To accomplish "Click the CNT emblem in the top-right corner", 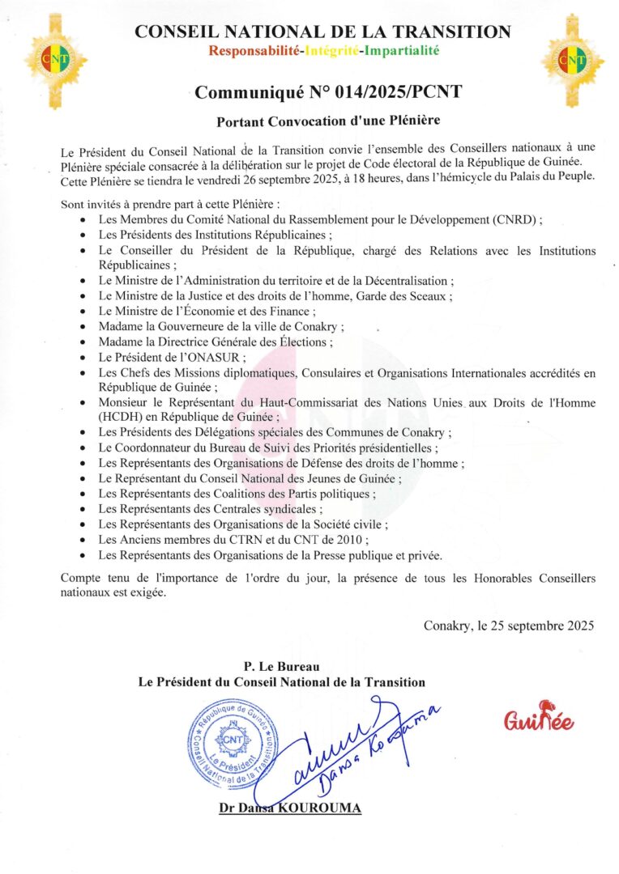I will point(572,58).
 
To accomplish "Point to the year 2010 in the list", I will point(353,539).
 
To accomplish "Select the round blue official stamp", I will point(231,741).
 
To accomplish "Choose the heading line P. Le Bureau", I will point(281,666).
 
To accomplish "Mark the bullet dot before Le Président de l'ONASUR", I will point(85,358).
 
